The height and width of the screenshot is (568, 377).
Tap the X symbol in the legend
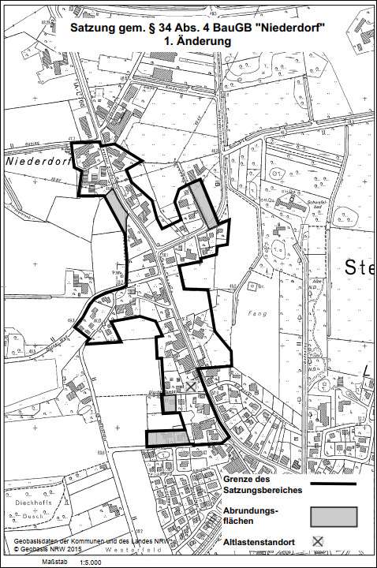pyautogui.click(x=318, y=541)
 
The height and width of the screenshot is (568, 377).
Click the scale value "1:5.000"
pyautogui.click(x=106, y=562)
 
